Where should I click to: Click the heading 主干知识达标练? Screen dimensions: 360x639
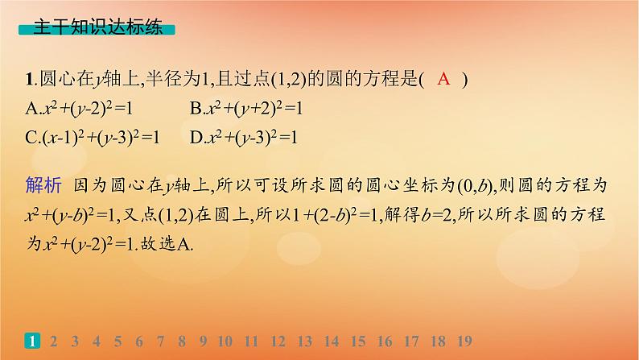[x=94, y=27]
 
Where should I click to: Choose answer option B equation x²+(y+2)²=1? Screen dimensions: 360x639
[x=249, y=108]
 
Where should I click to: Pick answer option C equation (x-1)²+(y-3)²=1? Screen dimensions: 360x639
[x=93, y=137]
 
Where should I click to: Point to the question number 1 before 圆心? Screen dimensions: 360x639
[x=31, y=79]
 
